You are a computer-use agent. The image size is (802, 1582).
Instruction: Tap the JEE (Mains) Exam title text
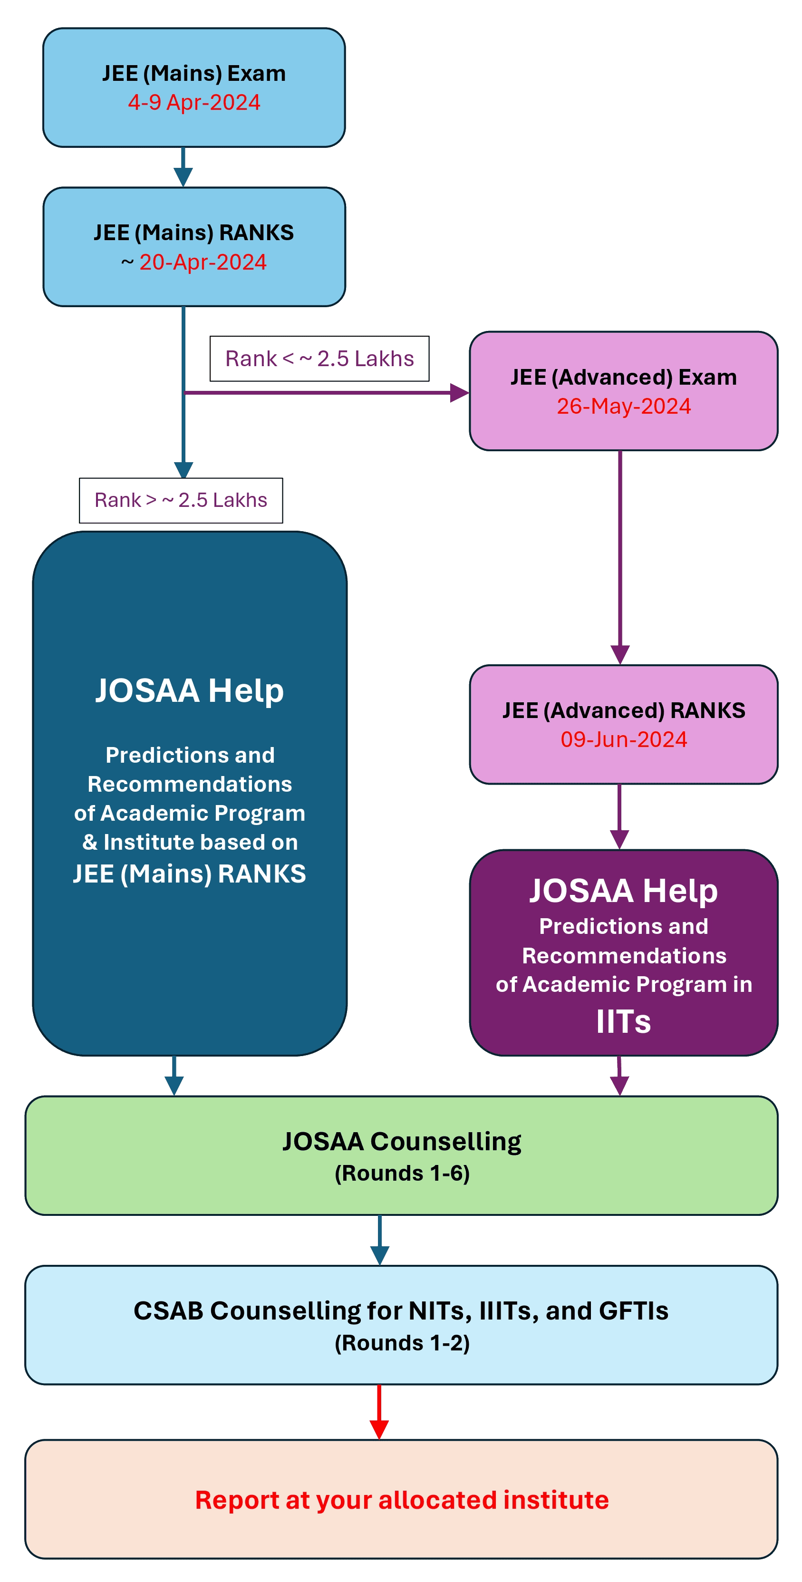tap(194, 73)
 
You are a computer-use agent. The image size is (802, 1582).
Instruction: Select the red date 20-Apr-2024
tap(203, 262)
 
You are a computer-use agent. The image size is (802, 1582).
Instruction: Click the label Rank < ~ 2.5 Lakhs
tap(319, 359)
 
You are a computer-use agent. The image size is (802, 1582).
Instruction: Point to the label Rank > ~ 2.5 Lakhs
tap(181, 500)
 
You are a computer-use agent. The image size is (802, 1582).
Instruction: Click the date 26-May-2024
tap(623, 406)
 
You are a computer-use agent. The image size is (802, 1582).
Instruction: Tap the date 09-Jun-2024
tap(623, 739)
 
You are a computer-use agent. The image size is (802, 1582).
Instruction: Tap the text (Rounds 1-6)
tap(402, 1174)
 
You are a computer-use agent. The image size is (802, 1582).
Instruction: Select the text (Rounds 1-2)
tap(402, 1343)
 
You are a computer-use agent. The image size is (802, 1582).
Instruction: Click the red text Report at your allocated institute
tap(402, 1500)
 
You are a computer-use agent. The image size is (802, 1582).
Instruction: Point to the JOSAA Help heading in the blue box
tap(189, 690)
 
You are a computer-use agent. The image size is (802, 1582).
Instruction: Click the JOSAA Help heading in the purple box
tap(623, 891)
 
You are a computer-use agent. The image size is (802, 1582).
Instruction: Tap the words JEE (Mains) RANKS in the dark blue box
tap(189, 874)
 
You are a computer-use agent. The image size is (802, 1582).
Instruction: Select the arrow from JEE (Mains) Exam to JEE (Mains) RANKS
tap(183, 167)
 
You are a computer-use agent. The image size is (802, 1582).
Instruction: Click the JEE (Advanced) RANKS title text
tap(623, 710)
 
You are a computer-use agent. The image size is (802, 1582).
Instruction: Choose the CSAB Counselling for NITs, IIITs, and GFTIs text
tap(401, 1310)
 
